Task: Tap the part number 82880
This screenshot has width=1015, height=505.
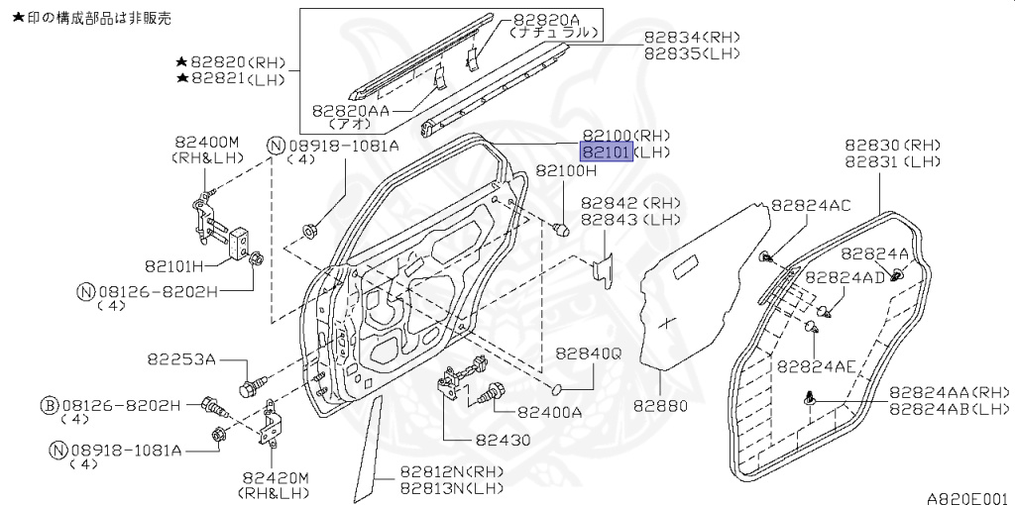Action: (x=660, y=406)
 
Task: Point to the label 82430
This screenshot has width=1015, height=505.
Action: (x=503, y=440)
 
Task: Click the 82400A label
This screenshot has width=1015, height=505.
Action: (x=549, y=411)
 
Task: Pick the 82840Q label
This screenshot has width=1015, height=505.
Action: (x=587, y=353)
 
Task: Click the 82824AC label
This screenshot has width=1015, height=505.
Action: (x=810, y=205)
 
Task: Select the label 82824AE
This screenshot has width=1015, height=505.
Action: (x=816, y=365)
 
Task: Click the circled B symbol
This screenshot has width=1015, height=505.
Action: (x=49, y=405)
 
